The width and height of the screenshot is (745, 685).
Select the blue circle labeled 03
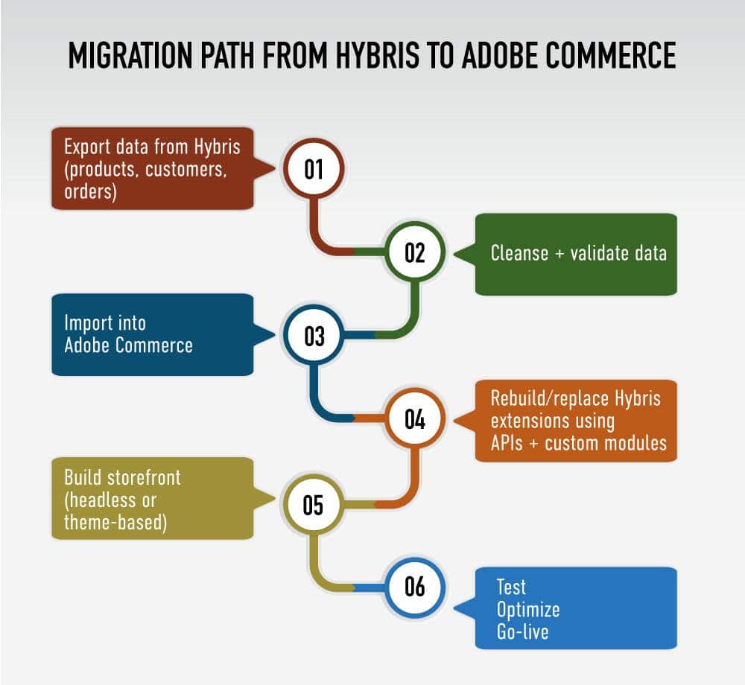314,336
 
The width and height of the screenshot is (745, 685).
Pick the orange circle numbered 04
414,419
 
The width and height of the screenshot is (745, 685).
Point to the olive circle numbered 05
314,504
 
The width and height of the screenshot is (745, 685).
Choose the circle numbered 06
414,587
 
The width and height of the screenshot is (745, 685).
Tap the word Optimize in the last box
528,610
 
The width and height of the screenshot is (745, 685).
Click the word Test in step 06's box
512,587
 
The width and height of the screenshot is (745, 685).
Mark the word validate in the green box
601,253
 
